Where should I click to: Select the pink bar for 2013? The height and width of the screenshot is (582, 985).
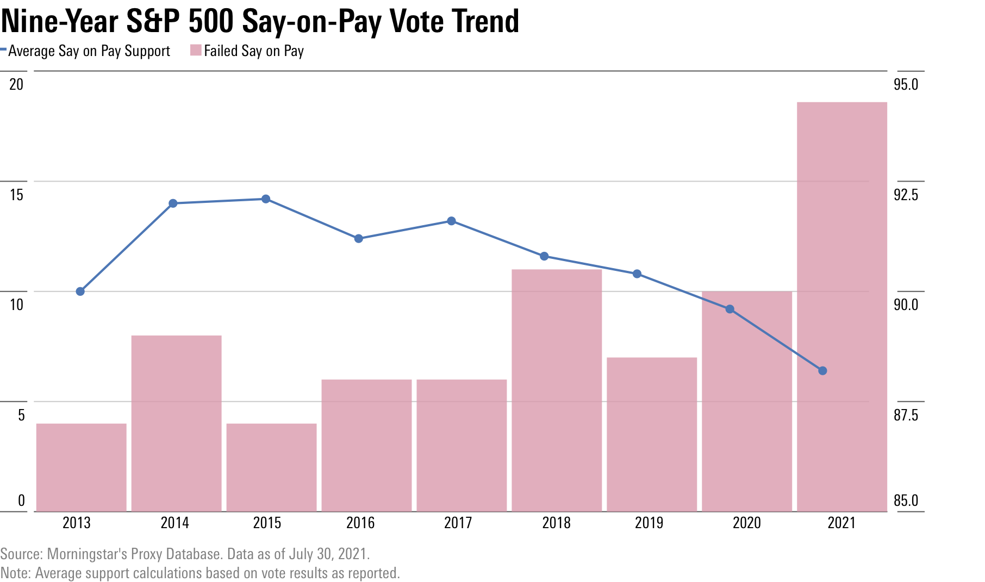pos(81,467)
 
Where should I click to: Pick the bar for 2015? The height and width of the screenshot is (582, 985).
pos(271,467)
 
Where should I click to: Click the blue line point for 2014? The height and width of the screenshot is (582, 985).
pos(173,203)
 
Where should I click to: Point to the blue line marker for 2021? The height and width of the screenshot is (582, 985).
pos(822,371)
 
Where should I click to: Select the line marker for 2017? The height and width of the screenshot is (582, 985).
pos(451,221)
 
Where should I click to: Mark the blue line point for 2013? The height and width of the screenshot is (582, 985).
pos(80,292)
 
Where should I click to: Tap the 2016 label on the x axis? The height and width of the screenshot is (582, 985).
pos(360,523)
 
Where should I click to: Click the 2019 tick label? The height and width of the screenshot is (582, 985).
pos(649,523)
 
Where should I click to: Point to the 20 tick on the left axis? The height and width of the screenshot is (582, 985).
pos(17,84)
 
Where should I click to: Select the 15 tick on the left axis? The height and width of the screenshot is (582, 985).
pos(17,195)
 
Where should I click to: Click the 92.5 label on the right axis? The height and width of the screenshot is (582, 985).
pos(906,195)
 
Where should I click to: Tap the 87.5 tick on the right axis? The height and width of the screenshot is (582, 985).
pos(906,415)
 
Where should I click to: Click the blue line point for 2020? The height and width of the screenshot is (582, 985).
pos(730,309)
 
